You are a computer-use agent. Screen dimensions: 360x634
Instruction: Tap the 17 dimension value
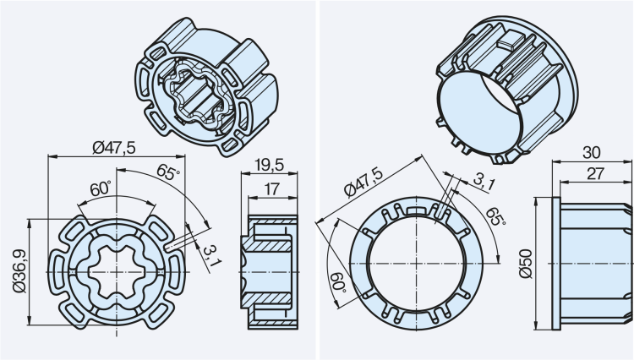tap(271, 190)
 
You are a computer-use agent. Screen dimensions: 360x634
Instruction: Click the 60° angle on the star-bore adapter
tap(101, 188)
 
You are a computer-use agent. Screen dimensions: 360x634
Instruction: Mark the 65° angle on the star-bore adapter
tap(167, 175)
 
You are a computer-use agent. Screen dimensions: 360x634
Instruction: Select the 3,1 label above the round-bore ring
tap(484, 180)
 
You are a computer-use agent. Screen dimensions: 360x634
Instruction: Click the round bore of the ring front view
tap(413, 264)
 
